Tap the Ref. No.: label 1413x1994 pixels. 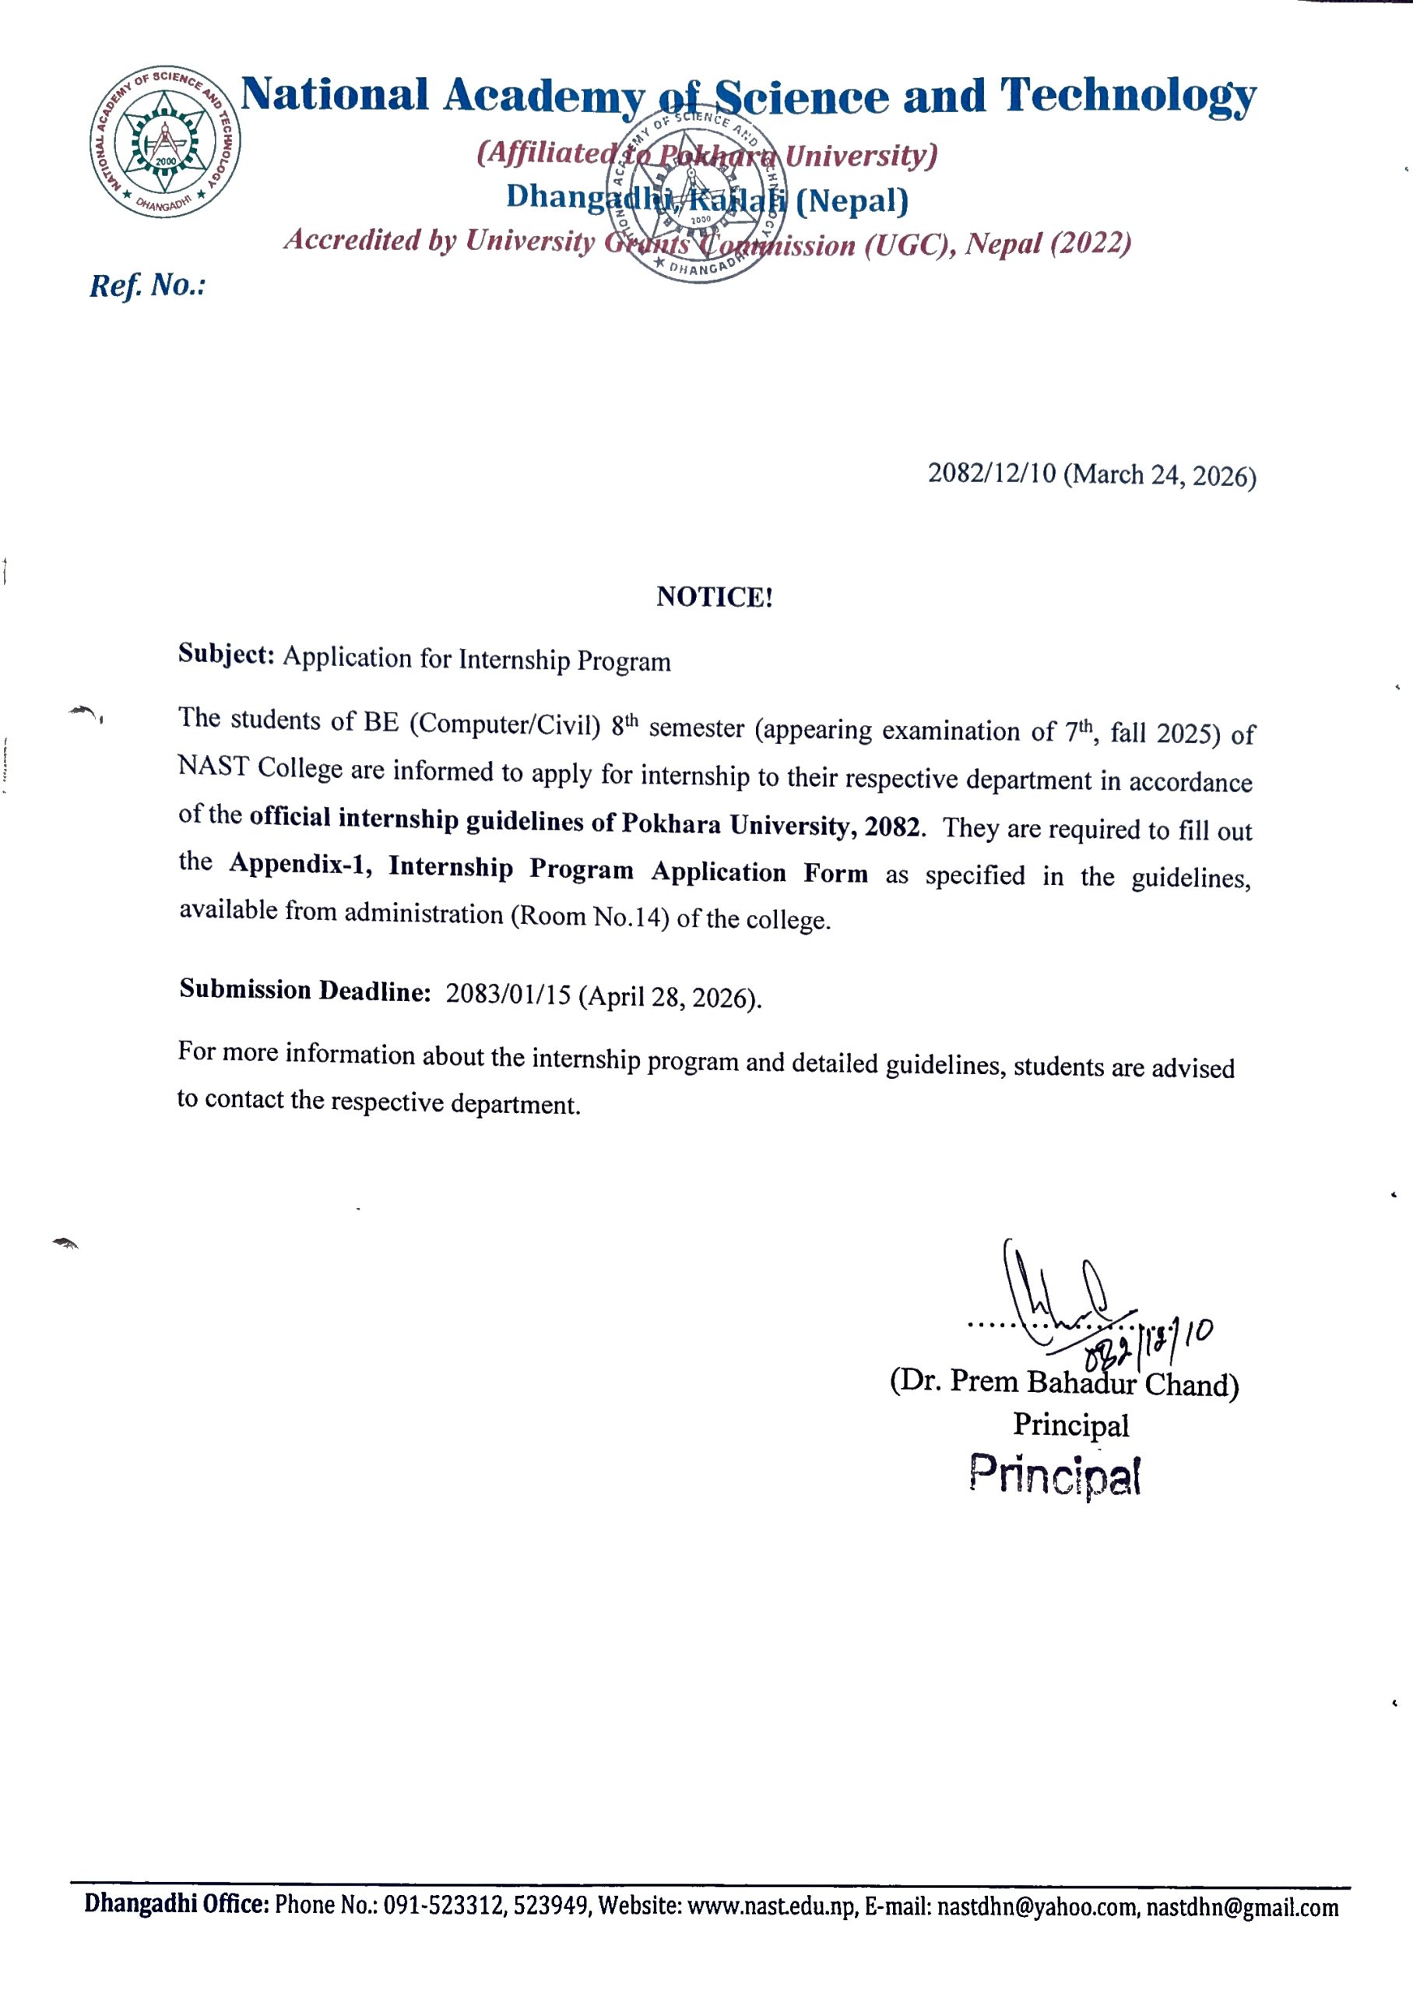tap(147, 286)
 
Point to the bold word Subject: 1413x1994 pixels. tap(227, 654)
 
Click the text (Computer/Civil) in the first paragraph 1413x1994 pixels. tap(504, 724)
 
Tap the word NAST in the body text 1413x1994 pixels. tap(213, 766)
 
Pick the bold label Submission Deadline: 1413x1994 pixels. tap(305, 991)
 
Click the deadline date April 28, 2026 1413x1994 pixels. tap(670, 996)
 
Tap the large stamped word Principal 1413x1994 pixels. tap(1055, 1475)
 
